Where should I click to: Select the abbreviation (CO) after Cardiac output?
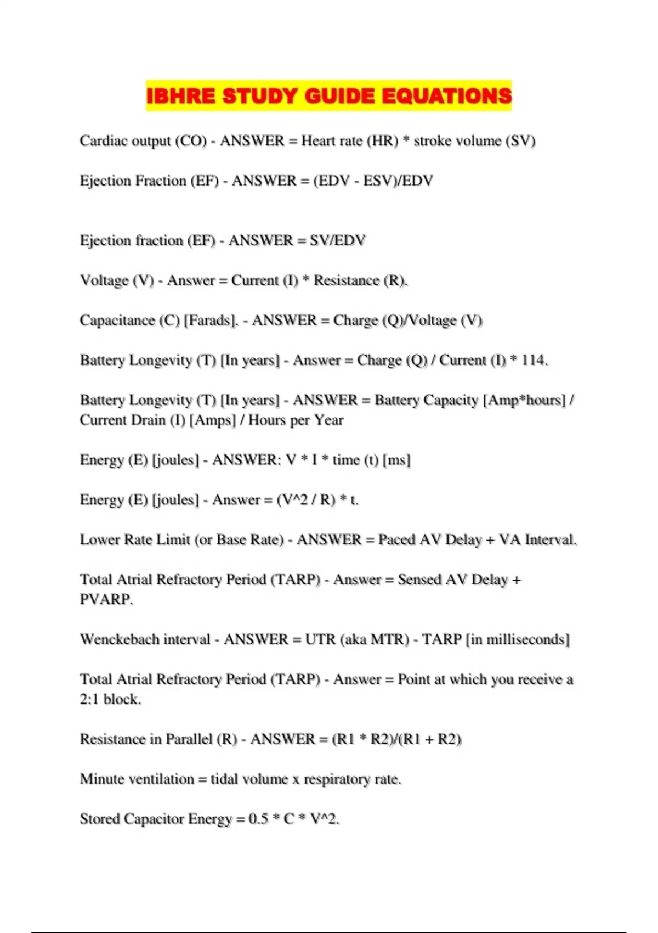click(191, 141)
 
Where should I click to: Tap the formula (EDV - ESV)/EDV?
click(373, 181)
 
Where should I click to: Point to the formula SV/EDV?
click(337, 240)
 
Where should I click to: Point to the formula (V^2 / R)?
click(306, 500)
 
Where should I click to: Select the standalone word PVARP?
click(106, 599)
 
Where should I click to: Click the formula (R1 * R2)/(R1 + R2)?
click(396, 739)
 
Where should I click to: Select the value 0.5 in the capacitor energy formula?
click(258, 819)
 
